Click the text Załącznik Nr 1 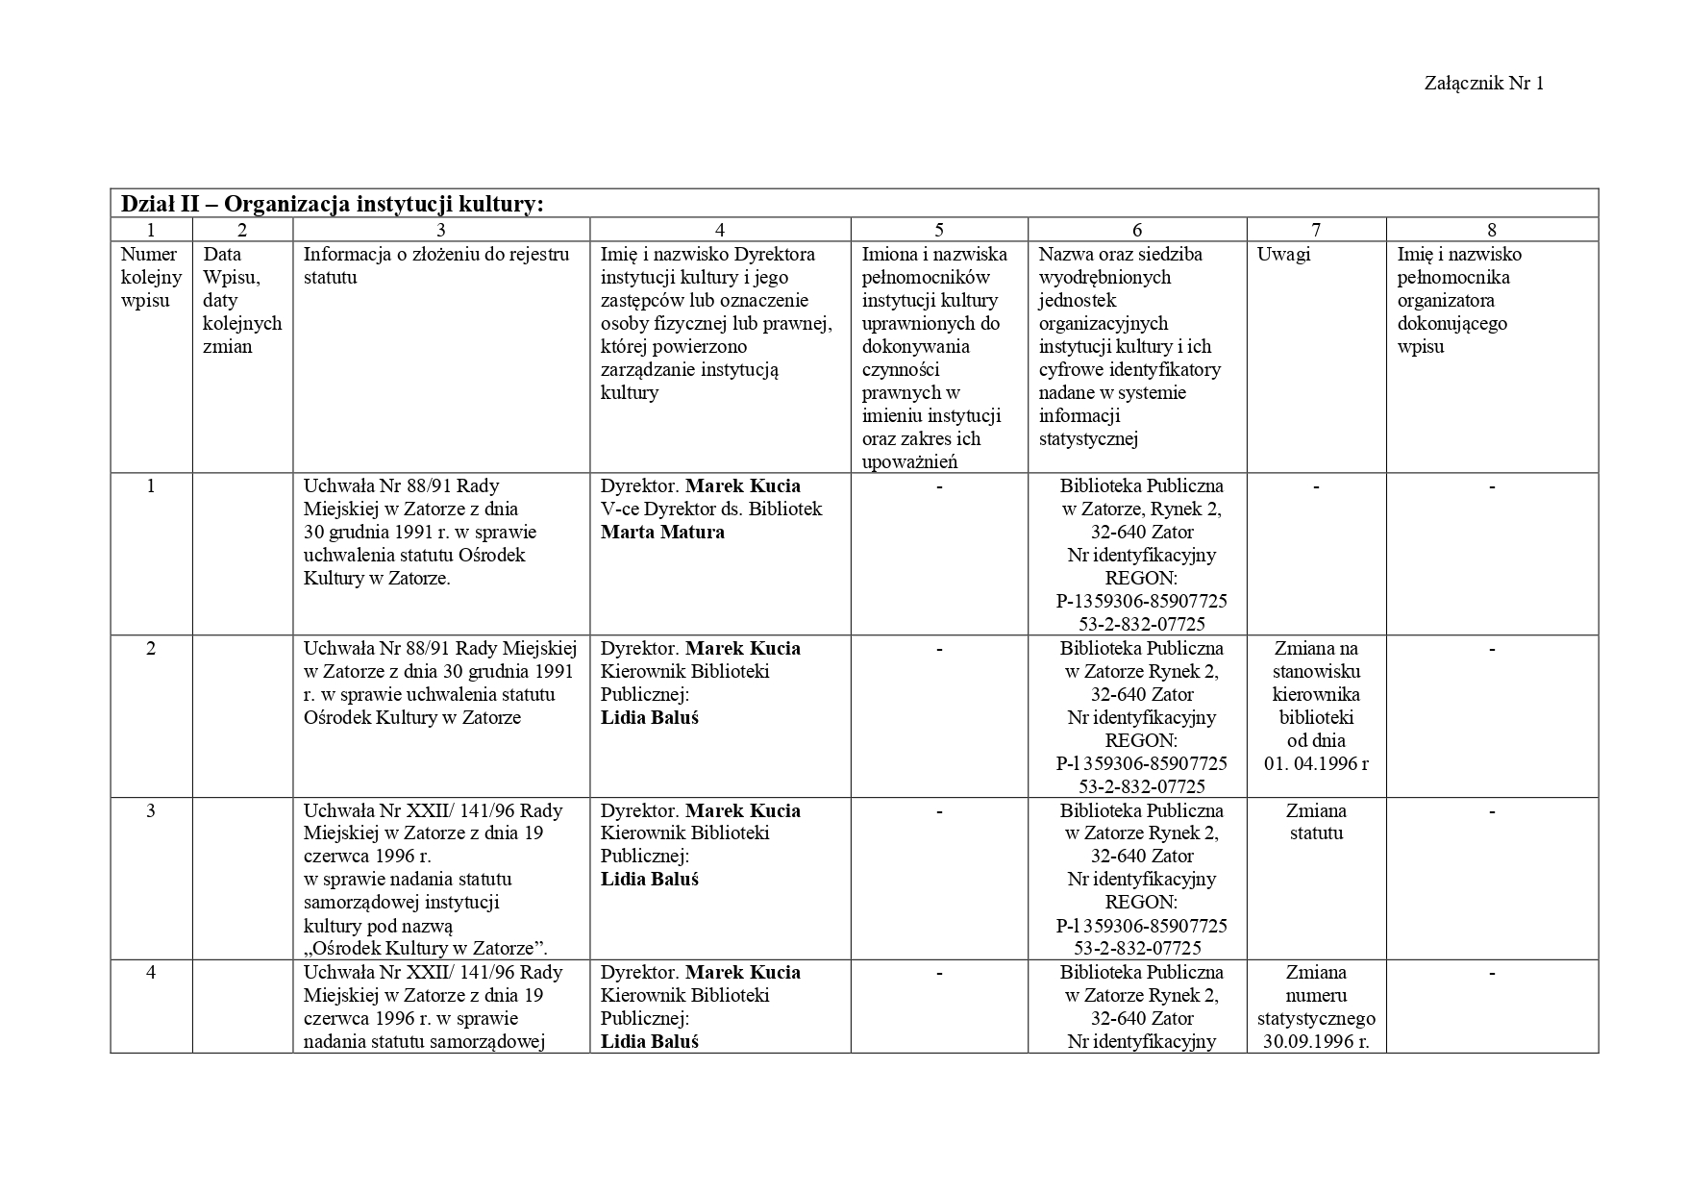1483,83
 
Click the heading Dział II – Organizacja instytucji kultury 332,204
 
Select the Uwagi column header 1283,255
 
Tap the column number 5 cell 938,230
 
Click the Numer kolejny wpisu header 150,277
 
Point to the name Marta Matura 662,532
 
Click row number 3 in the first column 151,810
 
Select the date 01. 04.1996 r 1316,763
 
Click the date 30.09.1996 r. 1316,1041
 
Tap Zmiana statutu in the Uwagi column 1316,822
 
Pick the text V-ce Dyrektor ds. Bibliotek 711,509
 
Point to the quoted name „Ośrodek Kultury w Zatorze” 425,949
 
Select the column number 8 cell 1491,230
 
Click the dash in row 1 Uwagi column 1316,486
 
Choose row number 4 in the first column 151,972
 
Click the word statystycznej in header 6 1088,439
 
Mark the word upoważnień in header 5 909,462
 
